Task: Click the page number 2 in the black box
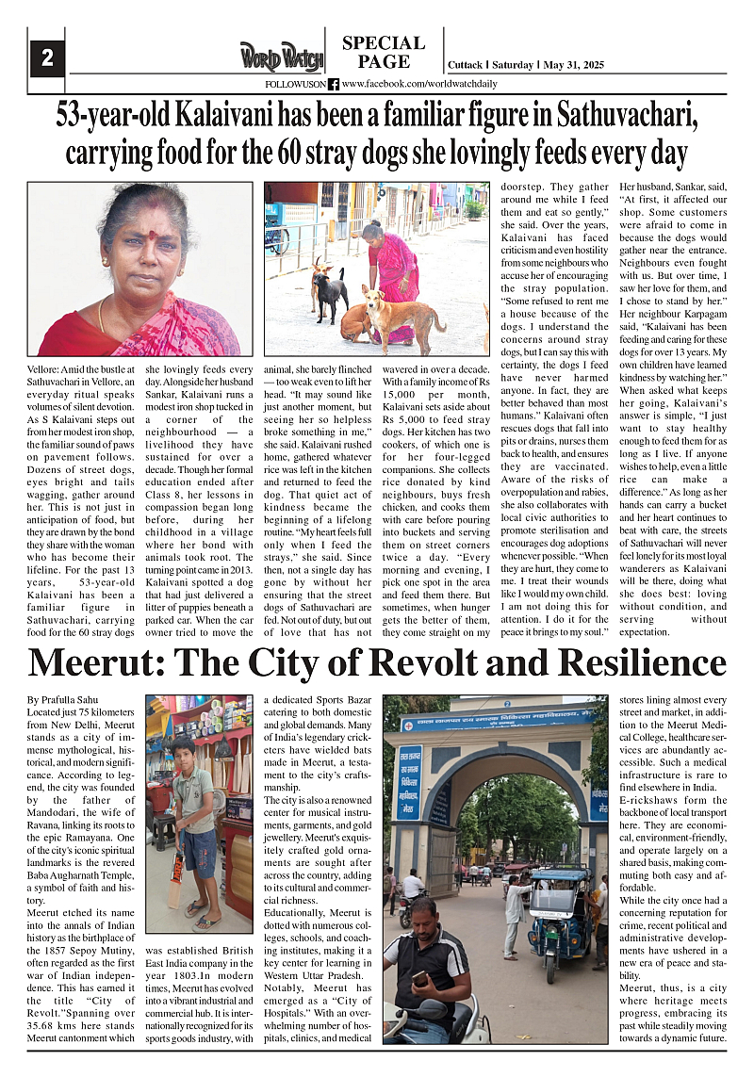(x=46, y=58)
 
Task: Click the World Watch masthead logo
(x=280, y=57)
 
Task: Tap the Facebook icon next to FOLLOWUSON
(x=334, y=84)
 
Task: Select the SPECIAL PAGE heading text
(x=384, y=53)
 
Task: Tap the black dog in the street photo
(x=330, y=295)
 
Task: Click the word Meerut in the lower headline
(x=95, y=664)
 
